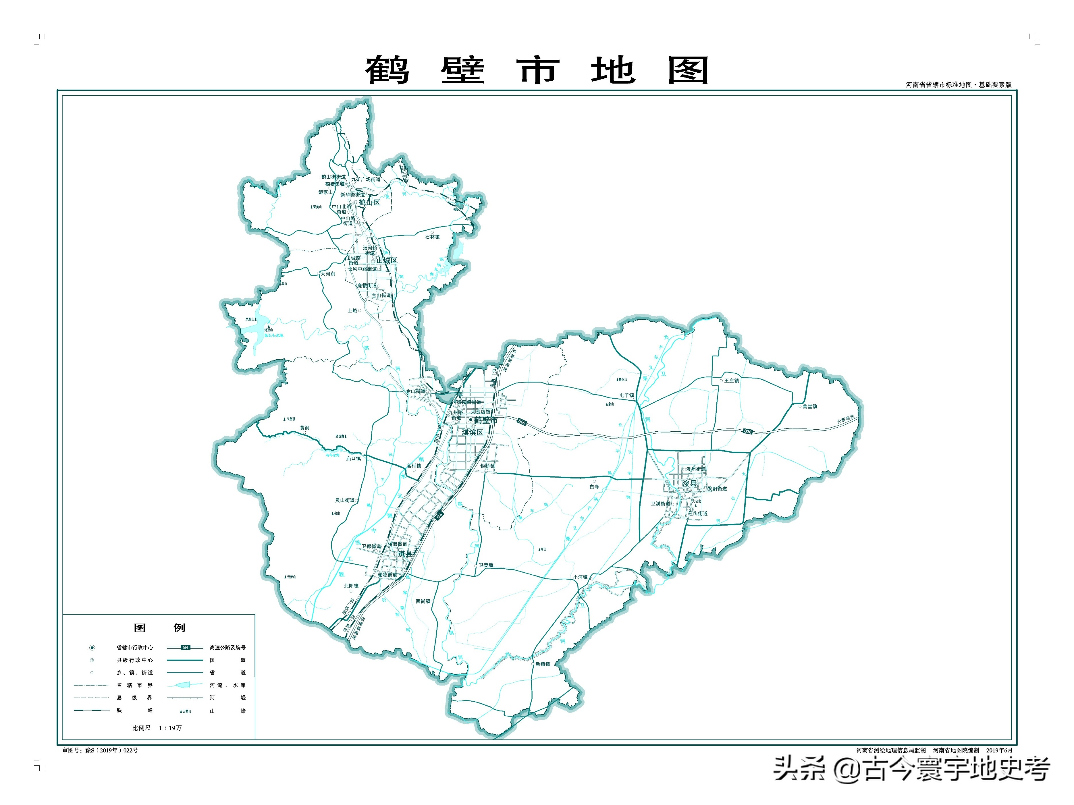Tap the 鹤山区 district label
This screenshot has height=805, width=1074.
369,202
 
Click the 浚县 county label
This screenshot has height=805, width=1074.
689,483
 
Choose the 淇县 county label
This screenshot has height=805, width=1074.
405,553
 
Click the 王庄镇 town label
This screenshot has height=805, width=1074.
731,381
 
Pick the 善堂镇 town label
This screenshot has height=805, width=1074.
810,406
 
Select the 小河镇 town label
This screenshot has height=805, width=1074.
580,577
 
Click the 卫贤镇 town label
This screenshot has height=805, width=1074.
486,565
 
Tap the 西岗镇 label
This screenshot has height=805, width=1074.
423,601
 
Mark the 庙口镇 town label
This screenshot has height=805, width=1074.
354,458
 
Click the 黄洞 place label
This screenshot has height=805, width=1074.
304,428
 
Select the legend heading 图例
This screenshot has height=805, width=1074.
159,627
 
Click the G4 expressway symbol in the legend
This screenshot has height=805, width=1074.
185,647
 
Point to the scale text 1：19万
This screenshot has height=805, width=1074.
170,728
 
